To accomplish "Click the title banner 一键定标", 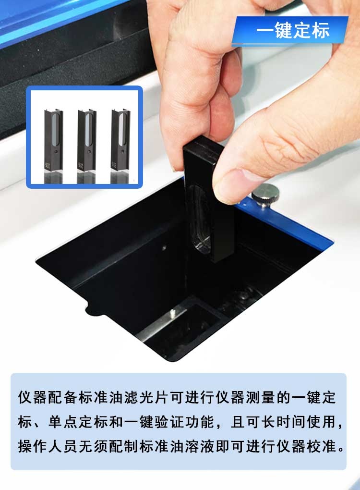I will [x=293, y=31].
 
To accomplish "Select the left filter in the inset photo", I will [x=53, y=142].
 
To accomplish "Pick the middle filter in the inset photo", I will [x=86, y=142].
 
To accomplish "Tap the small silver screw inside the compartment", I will [x=171, y=315].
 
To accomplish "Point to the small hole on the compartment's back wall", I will [x=165, y=247].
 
